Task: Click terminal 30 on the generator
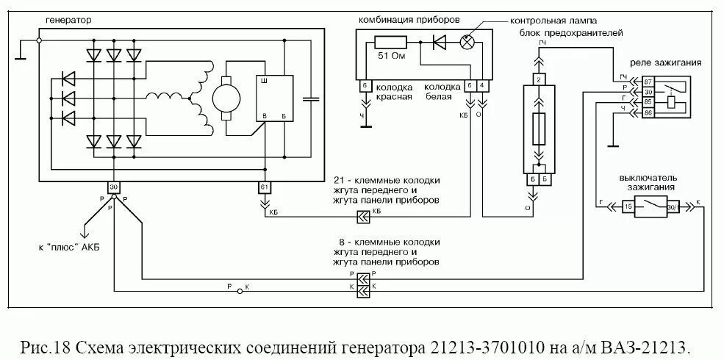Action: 113,187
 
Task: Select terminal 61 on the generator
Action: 265,187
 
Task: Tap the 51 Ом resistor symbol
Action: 390,42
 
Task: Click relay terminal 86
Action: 648,113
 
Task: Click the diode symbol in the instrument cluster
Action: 440,42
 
